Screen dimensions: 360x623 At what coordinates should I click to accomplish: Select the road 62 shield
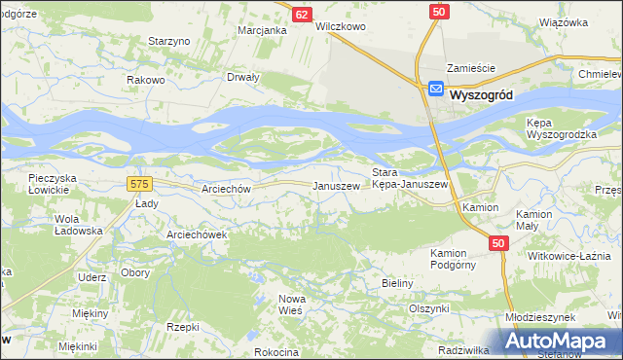pyautogui.click(x=303, y=15)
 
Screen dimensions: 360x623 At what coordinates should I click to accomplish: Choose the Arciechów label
pyautogui.click(x=226, y=190)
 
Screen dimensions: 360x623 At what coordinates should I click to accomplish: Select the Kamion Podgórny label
pyautogui.click(x=457, y=259)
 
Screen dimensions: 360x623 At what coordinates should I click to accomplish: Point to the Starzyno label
pyautogui.click(x=167, y=41)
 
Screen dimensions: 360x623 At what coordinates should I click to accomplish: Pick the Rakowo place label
pyautogui.click(x=144, y=81)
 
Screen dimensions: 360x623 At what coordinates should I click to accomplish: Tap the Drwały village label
pyautogui.click(x=242, y=77)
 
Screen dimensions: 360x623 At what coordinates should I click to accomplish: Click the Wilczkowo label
pyautogui.click(x=340, y=27)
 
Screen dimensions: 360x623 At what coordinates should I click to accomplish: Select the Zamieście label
pyautogui.click(x=471, y=68)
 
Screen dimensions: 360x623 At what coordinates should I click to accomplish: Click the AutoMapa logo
pyautogui.click(x=559, y=341)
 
